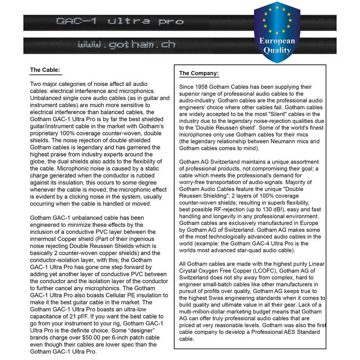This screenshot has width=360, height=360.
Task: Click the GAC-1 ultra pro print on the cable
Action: click(119, 21)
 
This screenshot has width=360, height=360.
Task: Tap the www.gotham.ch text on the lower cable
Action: click(126, 45)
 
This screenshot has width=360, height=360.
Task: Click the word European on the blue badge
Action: click(277, 41)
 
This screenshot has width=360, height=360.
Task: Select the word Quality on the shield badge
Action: click(277, 50)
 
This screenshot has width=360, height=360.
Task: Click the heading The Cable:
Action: click(45, 70)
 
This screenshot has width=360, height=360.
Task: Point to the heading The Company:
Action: click(199, 73)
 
